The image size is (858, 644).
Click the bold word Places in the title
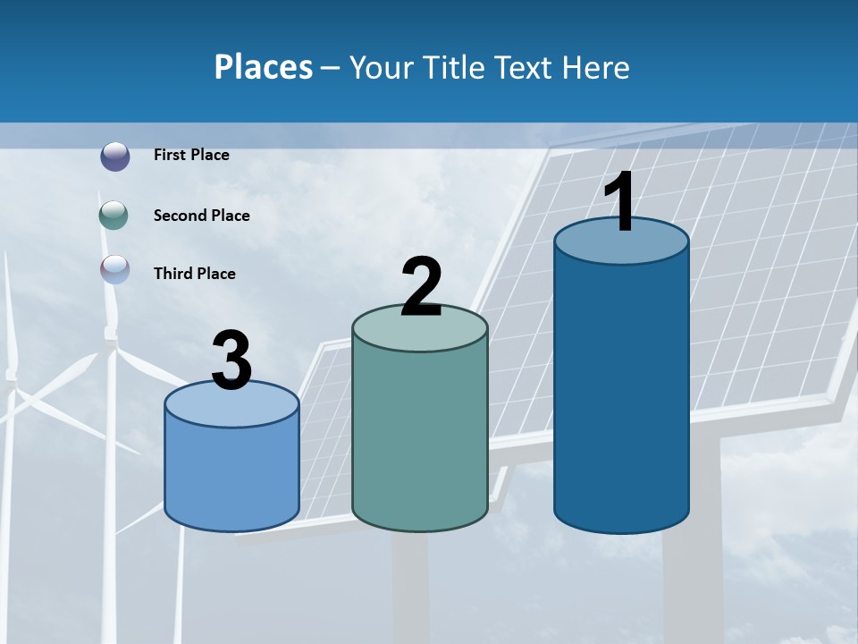pyautogui.click(x=263, y=67)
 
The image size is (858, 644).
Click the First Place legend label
pyautogui.click(x=191, y=155)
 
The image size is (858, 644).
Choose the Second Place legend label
pyautogui.click(x=201, y=216)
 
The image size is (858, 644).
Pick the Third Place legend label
pyautogui.click(x=194, y=274)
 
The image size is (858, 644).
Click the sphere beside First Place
pyautogui.click(x=114, y=157)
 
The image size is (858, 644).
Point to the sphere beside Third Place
pyautogui.click(x=114, y=269)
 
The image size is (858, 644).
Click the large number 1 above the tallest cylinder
pyautogui.click(x=620, y=202)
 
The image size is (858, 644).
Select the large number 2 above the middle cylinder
pyautogui.click(x=421, y=287)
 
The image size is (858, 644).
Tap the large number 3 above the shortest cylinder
pyautogui.click(x=232, y=360)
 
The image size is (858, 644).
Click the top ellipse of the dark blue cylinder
pyautogui.click(x=621, y=241)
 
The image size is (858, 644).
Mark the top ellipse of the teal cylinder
pyautogui.click(x=420, y=328)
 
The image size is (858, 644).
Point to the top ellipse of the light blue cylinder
pyautogui.click(x=231, y=404)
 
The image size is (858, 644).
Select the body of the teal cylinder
pyautogui.click(x=420, y=438)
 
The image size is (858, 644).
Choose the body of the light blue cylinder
pyautogui.click(x=231, y=474)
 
